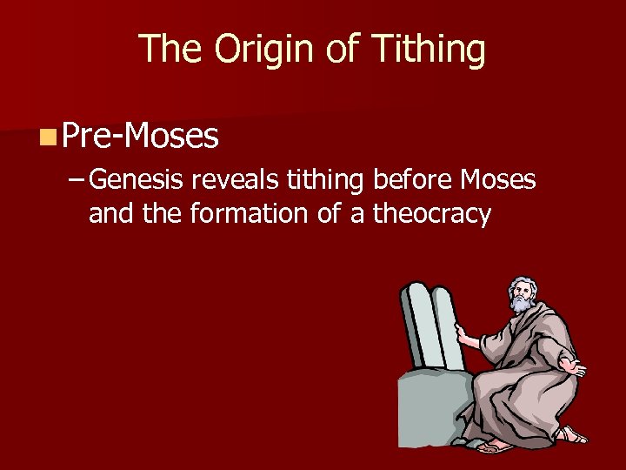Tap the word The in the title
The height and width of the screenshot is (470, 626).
172,50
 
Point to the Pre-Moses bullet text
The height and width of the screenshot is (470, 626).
140,135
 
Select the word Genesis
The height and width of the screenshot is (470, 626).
136,180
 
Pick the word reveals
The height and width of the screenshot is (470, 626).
233,180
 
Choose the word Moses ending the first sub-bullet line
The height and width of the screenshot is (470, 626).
498,180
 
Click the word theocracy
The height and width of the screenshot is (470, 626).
432,213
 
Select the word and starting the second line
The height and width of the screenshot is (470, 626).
111,213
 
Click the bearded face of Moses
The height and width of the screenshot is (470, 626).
521,297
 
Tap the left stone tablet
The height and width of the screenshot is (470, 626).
415,326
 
